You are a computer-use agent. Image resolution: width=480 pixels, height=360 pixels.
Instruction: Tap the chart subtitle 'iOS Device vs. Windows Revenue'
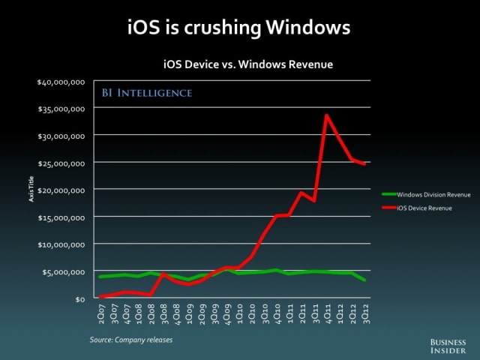248,65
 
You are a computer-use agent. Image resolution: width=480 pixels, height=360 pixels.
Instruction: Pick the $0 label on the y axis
80,298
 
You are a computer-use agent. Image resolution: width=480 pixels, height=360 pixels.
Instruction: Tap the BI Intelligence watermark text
147,94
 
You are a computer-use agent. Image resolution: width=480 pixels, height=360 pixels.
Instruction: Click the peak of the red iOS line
326,115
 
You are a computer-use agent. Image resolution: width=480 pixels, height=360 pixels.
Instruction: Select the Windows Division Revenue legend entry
424,193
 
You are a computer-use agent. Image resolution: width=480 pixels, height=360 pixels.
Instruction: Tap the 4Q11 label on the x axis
326,314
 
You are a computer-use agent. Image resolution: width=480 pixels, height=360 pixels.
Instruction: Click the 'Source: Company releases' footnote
131,340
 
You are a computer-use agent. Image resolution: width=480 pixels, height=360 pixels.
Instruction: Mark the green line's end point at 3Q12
365,280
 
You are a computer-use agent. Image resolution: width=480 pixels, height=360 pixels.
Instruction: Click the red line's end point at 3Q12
365,164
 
